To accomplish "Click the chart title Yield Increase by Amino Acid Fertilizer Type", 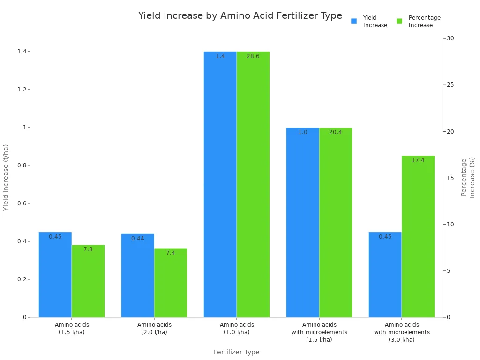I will point(240,15).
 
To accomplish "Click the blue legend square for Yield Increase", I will point(354,21).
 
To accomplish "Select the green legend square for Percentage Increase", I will point(399,21).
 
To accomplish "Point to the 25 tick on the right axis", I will point(450,85).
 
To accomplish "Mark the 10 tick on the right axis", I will point(450,225).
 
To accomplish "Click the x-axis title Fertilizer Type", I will point(236,352).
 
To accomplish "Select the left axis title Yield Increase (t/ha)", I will point(6,177).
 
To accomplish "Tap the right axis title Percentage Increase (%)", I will point(468,177).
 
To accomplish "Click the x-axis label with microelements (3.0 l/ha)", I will point(402,332).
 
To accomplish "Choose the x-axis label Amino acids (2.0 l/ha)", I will point(154,328).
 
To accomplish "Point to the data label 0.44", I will point(137,239).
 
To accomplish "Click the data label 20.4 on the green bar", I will point(335,132).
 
